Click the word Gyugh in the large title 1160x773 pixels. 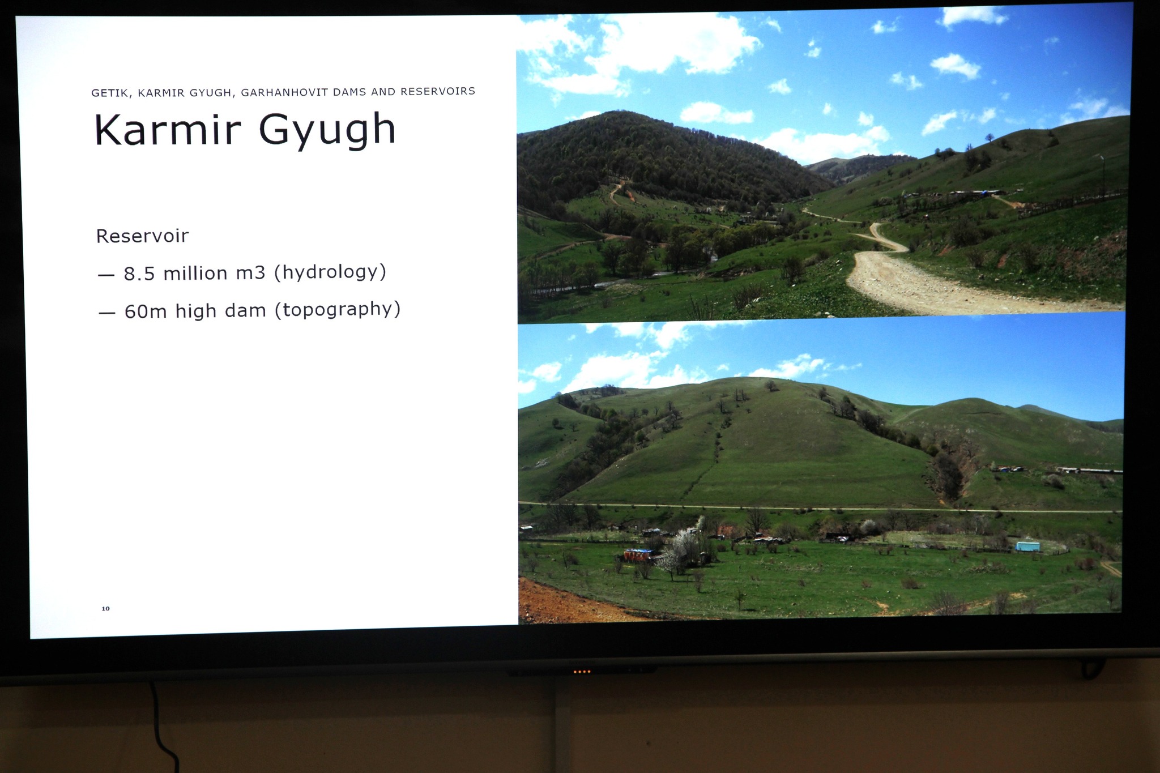327,130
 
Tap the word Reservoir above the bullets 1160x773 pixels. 142,236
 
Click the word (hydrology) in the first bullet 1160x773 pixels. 330,272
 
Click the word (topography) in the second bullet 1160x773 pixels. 338,310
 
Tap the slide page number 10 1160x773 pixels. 105,609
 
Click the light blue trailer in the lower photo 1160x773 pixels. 1027,546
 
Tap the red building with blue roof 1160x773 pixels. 637,554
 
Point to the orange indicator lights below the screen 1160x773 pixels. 582,672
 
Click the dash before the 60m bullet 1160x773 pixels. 106,313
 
